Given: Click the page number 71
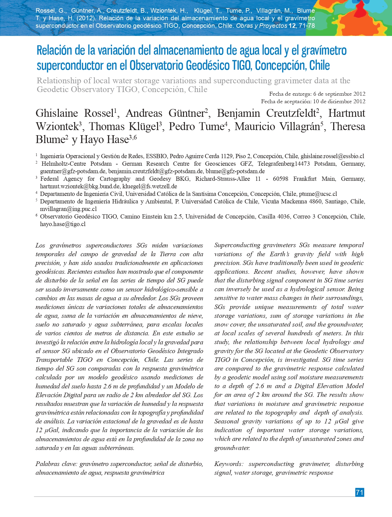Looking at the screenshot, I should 359,492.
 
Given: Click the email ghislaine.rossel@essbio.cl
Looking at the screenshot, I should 332,156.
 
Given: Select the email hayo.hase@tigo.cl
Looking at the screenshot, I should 63,224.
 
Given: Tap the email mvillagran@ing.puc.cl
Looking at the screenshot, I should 68,209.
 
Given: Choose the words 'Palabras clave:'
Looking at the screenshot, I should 56,464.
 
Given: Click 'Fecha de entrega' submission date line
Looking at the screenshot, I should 317,94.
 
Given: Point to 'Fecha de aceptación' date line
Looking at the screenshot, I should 313,101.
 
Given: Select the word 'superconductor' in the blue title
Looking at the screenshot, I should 70,65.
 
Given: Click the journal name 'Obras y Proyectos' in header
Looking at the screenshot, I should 261,26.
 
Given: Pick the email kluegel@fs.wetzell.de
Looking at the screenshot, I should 150,186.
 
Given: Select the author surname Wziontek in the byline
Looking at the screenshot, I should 57,126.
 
